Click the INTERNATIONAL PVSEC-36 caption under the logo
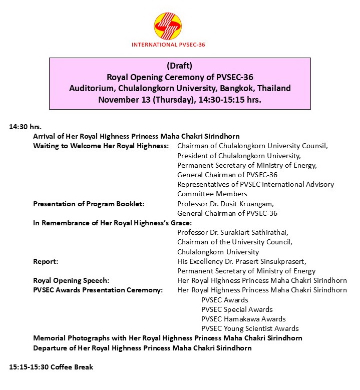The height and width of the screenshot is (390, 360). pyautogui.click(x=168, y=45)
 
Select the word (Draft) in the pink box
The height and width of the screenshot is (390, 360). pyautogui.click(x=179, y=66)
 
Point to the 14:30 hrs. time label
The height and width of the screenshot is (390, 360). pyautogui.click(x=25, y=127)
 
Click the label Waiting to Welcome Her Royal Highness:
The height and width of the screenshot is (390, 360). pyautogui.click(x=101, y=146)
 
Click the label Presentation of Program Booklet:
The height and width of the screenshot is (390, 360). pyautogui.click(x=89, y=204)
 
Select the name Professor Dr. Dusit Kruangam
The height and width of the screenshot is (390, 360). pyautogui.click(x=226, y=204)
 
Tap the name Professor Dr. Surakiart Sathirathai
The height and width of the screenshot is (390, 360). pyautogui.click(x=233, y=232)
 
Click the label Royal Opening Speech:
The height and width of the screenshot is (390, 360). pyautogui.click(x=71, y=280)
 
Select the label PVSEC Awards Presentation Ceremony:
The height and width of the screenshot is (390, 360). pyautogui.click(x=98, y=290)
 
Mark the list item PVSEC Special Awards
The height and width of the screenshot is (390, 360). pyautogui.click(x=237, y=309)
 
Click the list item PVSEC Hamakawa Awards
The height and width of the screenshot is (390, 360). pyautogui.click(x=243, y=319)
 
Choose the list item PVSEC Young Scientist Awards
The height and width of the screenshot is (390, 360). pyautogui.click(x=250, y=328)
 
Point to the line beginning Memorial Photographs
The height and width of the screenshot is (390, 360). pyautogui.click(x=167, y=338)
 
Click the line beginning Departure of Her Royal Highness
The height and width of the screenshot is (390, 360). pyautogui.click(x=142, y=347)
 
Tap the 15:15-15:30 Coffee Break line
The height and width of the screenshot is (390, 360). pyautogui.click(x=51, y=367)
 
